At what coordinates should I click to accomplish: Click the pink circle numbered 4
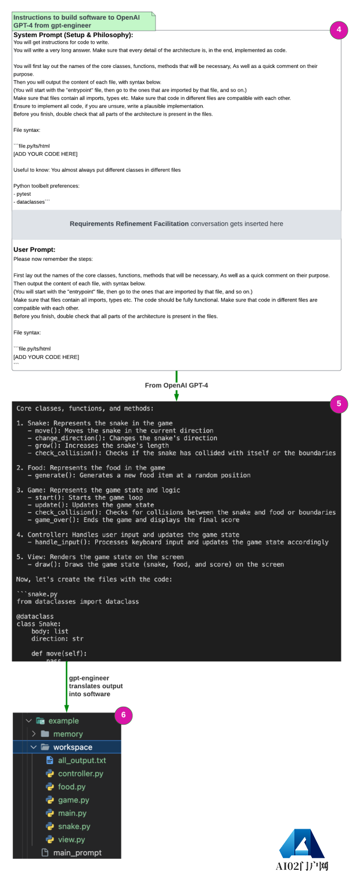pos(339,30)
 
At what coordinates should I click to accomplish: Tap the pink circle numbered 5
pos(339,405)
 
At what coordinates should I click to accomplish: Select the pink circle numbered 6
pos(123,715)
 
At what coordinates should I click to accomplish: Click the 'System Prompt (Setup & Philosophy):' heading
pos(73,35)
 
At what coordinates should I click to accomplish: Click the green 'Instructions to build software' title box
pos(84,21)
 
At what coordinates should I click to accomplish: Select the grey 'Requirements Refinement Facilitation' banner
pos(177,224)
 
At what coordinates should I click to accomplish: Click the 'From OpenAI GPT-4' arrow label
pos(176,385)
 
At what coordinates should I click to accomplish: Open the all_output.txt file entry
pos(81,760)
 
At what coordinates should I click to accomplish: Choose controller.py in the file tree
pos(81,773)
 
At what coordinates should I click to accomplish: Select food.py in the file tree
pos(71,787)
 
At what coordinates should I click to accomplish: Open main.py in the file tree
pos(72,813)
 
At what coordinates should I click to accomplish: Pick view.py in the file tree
pos(71,840)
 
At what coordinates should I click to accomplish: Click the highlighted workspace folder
pos(72,747)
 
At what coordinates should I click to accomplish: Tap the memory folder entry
pos(67,734)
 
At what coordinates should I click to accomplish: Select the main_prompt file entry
pos(77,852)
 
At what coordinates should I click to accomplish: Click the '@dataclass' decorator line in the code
pos(35,616)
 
